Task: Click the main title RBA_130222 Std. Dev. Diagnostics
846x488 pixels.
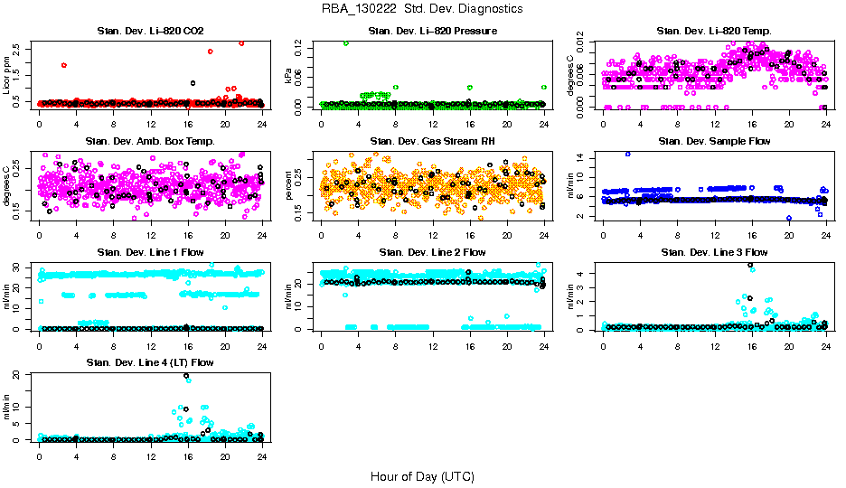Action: click(x=422, y=9)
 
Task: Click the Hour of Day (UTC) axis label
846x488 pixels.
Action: click(x=422, y=476)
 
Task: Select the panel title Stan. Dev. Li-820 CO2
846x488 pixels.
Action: click(x=151, y=32)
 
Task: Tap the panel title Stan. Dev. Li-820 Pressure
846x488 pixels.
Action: click(x=432, y=32)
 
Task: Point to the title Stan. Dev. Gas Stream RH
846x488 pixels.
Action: click(x=432, y=142)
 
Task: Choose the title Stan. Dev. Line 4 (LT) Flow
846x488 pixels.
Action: click(x=151, y=362)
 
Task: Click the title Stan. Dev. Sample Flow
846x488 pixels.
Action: click(x=714, y=142)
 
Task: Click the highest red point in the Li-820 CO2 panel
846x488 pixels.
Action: click(x=241, y=42)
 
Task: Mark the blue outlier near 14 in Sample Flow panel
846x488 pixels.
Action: click(x=627, y=154)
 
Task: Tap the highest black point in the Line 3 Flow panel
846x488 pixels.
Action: click(x=750, y=265)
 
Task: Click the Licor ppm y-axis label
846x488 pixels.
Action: click(x=7, y=75)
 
